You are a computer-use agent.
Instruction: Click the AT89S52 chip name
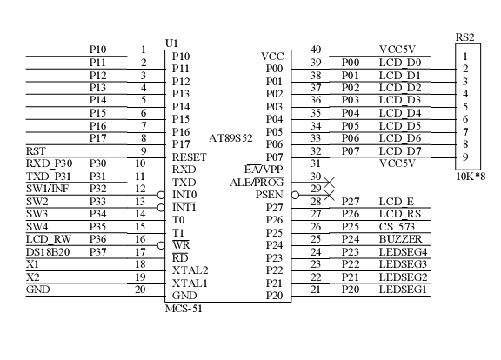[x=230, y=138]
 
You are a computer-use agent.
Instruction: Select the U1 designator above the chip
[x=171, y=43]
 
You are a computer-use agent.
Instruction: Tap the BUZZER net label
[x=401, y=239]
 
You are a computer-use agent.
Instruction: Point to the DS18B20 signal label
[x=48, y=252]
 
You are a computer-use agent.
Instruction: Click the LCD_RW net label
[x=49, y=239]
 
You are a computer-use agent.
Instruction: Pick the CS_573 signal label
[x=397, y=227]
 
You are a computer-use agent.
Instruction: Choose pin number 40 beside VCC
[x=316, y=50]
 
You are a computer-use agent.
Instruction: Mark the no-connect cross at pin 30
[x=329, y=183]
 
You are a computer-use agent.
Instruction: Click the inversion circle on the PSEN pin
[x=295, y=195]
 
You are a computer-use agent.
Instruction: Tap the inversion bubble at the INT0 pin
[x=161, y=195]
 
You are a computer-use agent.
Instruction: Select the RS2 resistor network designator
[x=464, y=37]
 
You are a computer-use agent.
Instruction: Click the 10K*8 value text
[x=471, y=177]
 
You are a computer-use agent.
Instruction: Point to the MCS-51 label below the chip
[x=184, y=309]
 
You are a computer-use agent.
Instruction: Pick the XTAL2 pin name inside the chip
[x=190, y=270]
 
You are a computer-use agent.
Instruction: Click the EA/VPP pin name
[x=264, y=170]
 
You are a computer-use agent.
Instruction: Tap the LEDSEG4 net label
[x=404, y=252]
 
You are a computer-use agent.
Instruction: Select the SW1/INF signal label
[x=47, y=189]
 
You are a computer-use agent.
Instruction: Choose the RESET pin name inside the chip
[x=190, y=157]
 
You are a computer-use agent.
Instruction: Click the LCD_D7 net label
[x=400, y=151]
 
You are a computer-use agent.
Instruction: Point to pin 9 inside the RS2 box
[x=465, y=157]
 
